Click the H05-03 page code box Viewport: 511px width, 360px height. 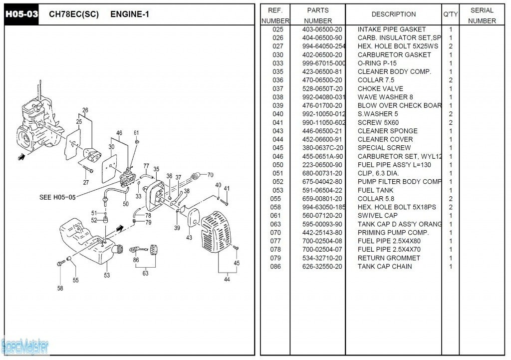(21, 14)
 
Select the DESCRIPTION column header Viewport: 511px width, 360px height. (393, 14)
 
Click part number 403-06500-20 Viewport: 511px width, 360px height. (322, 29)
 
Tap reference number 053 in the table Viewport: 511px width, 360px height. (277, 190)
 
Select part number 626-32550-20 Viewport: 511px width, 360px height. (322, 267)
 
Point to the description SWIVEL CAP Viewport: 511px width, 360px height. (378, 216)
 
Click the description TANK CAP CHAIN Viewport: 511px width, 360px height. (385, 267)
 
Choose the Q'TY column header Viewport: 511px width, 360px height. (450, 15)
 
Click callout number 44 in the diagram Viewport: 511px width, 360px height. (227, 280)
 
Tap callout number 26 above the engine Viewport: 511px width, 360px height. (85, 110)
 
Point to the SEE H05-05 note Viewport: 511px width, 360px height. (57, 197)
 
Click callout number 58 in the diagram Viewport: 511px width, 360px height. (60, 289)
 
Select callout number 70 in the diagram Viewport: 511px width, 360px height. (210, 175)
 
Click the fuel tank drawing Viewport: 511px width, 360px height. (90, 242)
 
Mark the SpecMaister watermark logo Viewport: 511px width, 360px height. (25, 345)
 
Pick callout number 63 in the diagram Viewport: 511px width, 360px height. (145, 273)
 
